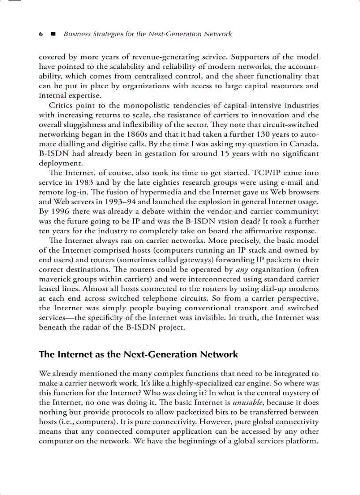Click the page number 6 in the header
click(41, 34)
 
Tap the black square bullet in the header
click(53, 34)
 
